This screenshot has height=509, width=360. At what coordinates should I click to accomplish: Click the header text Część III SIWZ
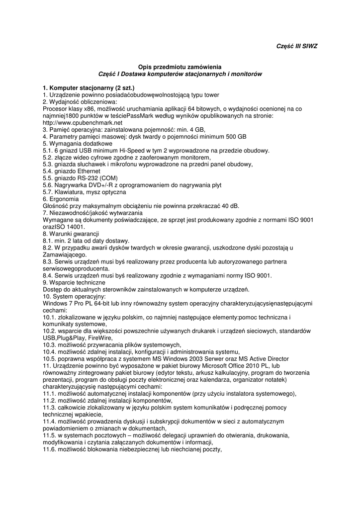coord(296,46)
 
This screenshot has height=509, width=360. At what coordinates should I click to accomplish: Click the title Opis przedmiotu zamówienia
coord(177,67)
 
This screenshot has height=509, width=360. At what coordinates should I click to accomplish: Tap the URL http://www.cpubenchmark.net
coord(83,122)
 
